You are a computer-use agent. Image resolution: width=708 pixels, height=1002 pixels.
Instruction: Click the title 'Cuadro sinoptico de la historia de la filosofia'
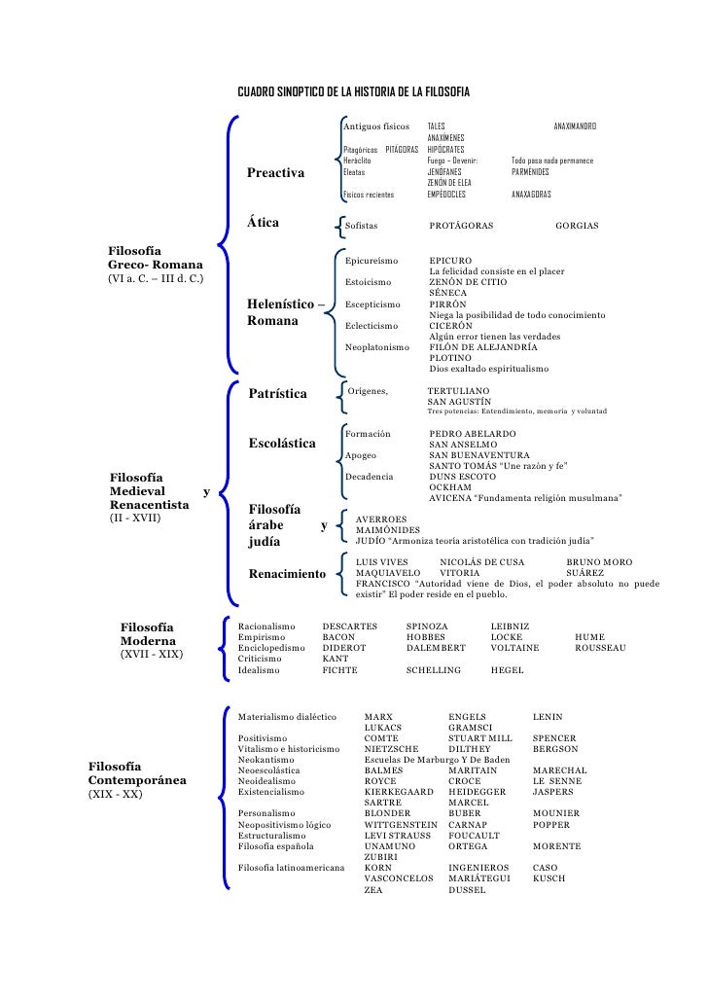[354, 91]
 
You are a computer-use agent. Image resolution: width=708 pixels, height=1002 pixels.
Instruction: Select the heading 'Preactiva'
[275, 173]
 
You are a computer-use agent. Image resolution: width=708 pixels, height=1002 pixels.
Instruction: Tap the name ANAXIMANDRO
[575, 127]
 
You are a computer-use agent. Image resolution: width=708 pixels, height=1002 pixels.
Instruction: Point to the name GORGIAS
[577, 226]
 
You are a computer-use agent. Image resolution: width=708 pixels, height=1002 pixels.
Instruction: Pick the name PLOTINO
[450, 358]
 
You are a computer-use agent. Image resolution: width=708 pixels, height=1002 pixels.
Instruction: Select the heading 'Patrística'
[278, 394]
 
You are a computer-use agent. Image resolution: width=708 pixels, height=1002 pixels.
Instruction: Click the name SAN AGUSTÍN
[459, 401]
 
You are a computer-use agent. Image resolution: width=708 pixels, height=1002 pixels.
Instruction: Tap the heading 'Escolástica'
[282, 444]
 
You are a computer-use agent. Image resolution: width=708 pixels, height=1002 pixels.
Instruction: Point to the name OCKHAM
[450, 487]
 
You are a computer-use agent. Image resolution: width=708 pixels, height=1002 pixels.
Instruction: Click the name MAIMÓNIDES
[388, 530]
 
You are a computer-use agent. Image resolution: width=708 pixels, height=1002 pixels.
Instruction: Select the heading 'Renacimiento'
[287, 574]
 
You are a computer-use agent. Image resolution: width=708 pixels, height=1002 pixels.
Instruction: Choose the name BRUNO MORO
[598, 562]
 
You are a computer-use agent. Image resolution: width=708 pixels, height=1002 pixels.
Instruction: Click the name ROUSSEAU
[600, 648]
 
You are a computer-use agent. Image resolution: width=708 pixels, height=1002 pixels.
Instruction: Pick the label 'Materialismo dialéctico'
[287, 717]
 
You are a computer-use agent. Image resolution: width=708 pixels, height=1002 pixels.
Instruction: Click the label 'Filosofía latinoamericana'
[291, 868]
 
